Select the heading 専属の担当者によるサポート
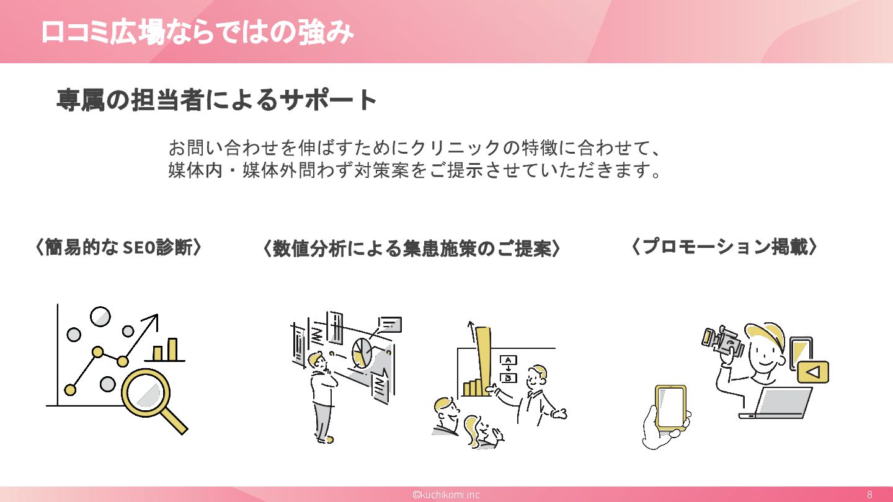pos(217,100)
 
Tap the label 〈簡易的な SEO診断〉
pos(118,247)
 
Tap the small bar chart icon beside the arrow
pos(165,350)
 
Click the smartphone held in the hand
pos(670,407)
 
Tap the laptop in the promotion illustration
pos(778,403)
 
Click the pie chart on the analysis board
pos(362,354)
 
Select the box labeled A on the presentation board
pos(509,360)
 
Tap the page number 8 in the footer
pos(869,495)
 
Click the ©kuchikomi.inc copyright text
pos(446,495)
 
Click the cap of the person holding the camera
pos(769,335)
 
